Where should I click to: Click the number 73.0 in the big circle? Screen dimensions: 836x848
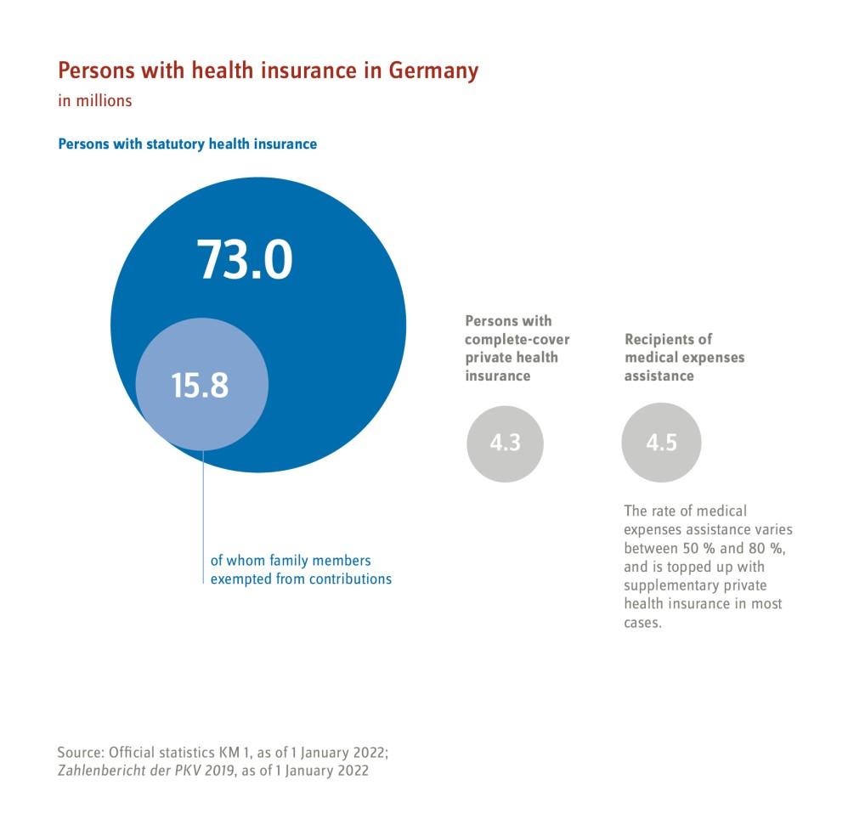click(246, 259)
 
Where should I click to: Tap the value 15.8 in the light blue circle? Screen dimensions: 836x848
click(201, 386)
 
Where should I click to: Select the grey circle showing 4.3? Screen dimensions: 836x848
click(505, 443)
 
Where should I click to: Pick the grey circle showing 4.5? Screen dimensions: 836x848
click(661, 443)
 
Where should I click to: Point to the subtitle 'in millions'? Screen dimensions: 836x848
click(95, 100)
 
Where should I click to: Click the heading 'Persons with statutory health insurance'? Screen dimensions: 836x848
click(187, 144)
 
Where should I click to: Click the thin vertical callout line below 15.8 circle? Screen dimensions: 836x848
click(203, 518)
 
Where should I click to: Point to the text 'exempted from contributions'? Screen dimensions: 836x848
click(301, 579)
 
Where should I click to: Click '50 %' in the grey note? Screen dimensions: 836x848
click(698, 548)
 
